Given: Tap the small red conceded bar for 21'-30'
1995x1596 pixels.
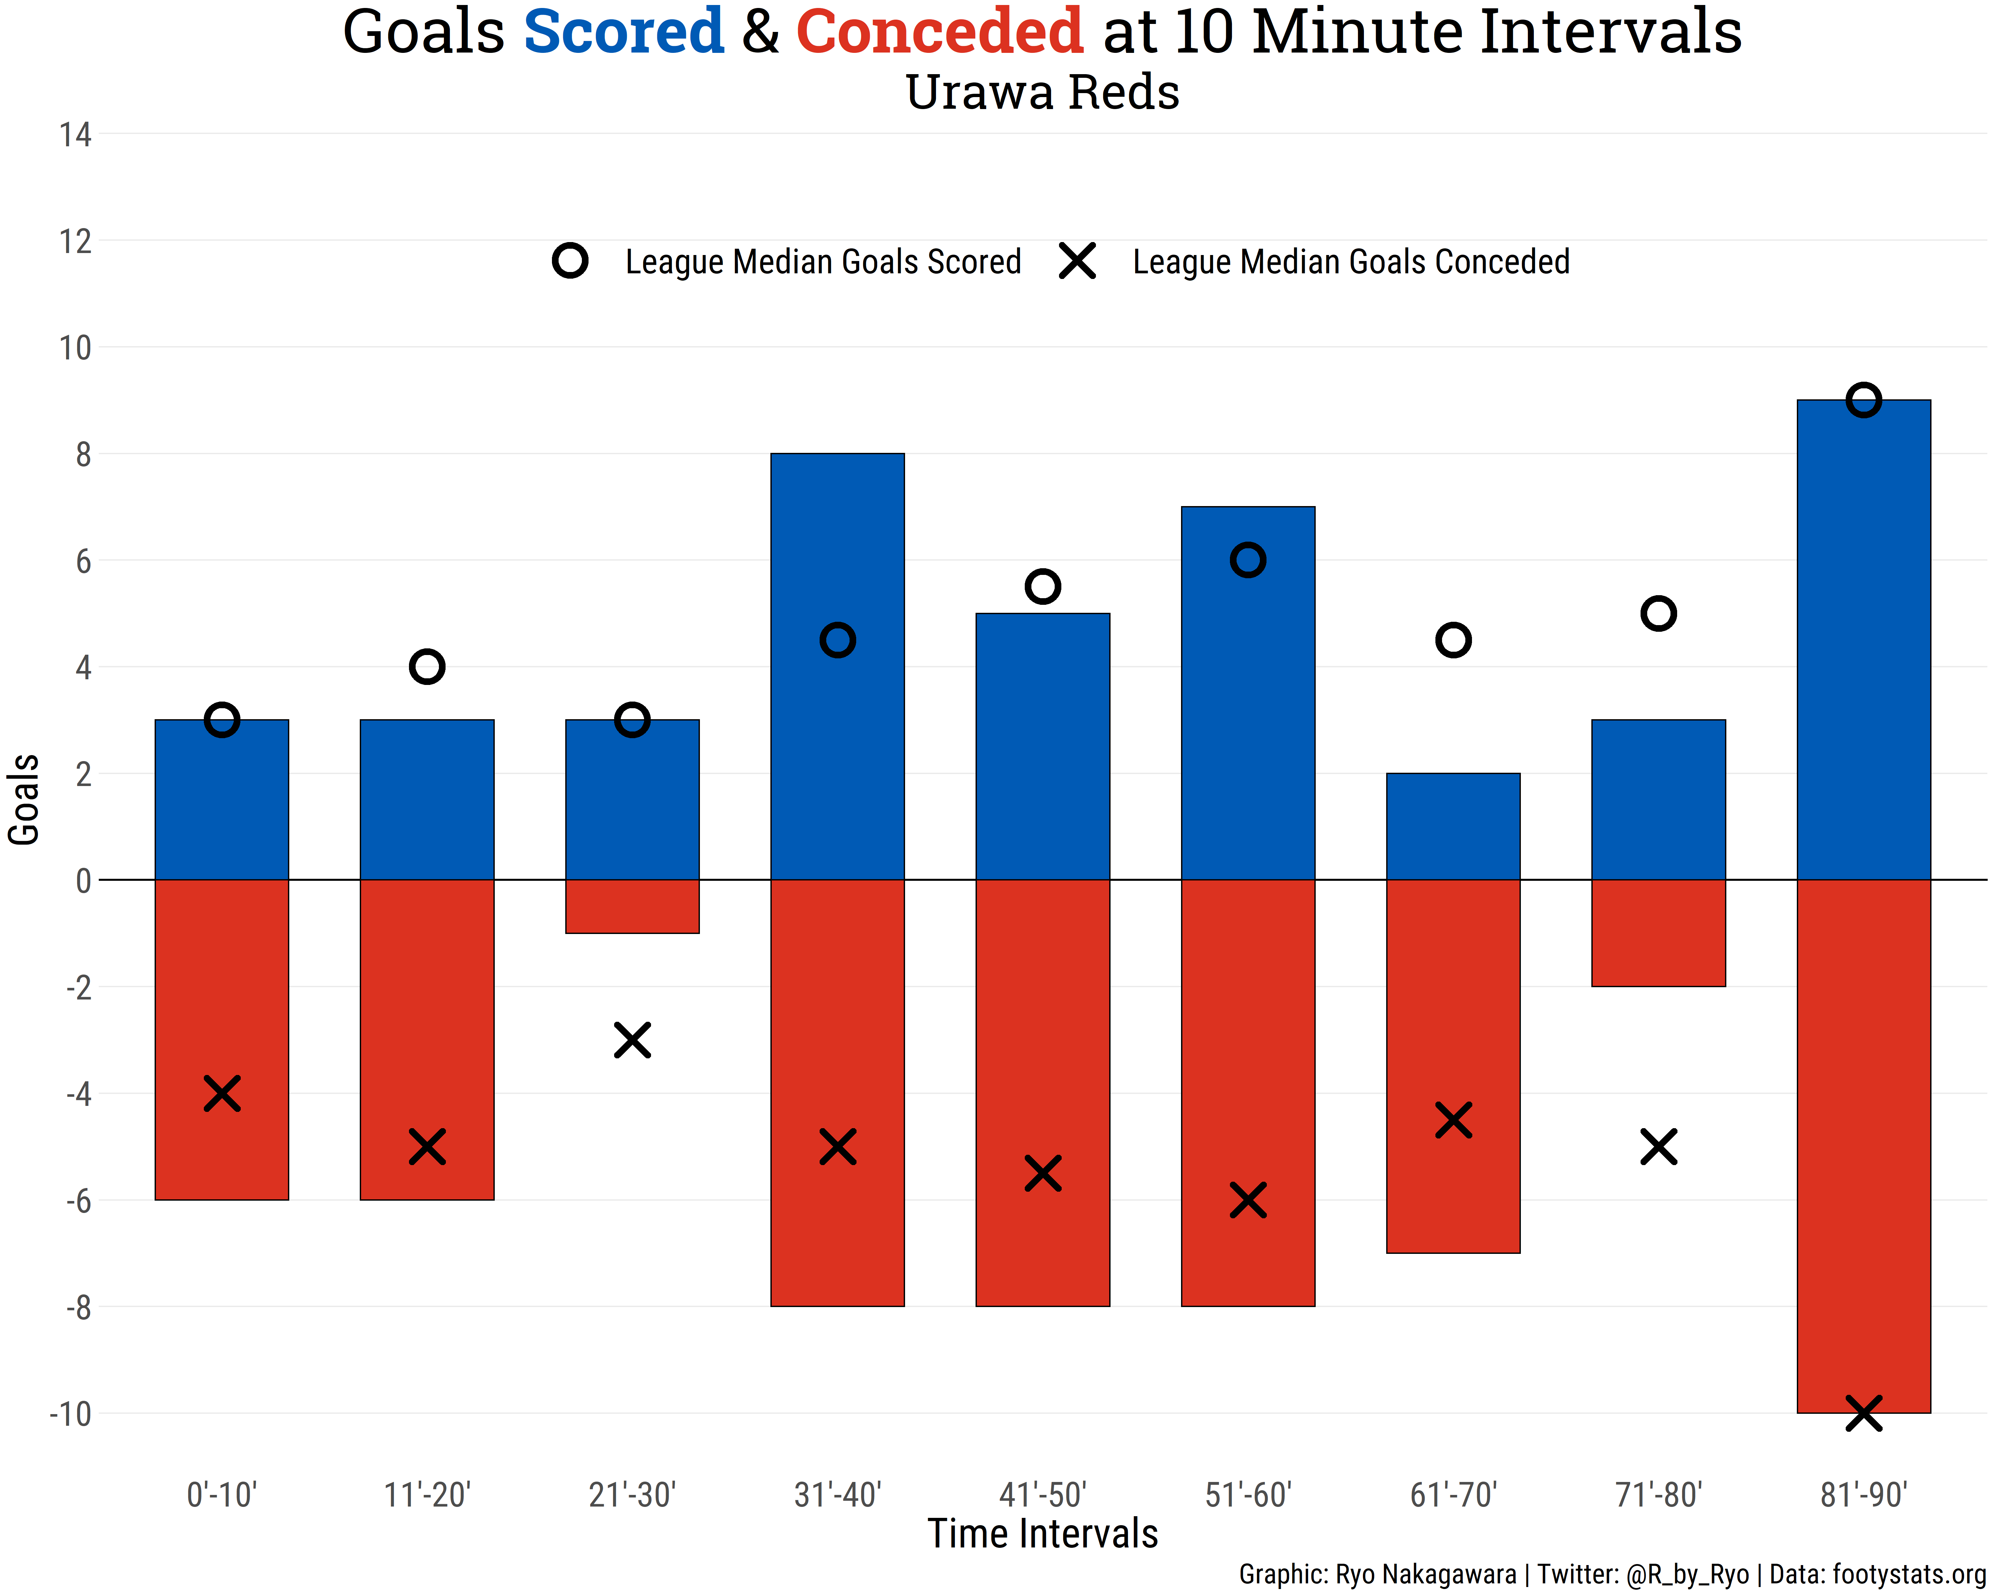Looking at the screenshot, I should pos(632,907).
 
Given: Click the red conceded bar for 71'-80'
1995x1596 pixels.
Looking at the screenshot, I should pos(1658,933).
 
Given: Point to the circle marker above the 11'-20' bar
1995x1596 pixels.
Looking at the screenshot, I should pos(427,666).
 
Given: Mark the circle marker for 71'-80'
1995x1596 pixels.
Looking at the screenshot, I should pos(1658,613).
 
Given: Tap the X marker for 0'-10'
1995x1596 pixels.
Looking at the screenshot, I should pos(222,1094).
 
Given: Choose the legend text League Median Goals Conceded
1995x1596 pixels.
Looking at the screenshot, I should pos(1351,262).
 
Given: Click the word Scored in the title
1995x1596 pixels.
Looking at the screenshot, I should pos(623,32).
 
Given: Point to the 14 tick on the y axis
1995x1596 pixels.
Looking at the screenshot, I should pos(76,135).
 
